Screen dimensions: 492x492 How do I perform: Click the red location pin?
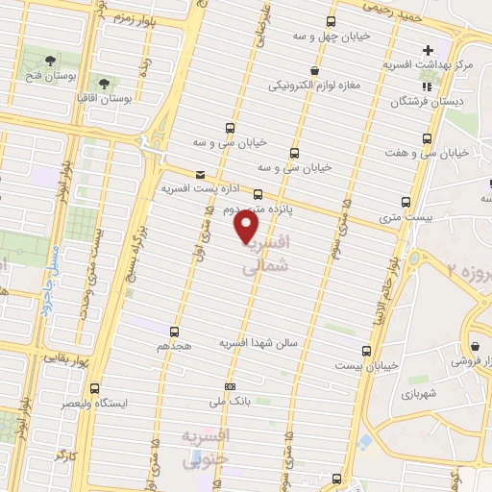click(x=247, y=227)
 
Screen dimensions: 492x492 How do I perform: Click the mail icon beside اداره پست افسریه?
click(x=200, y=174)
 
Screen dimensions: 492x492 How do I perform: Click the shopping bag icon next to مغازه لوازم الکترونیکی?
click(x=314, y=70)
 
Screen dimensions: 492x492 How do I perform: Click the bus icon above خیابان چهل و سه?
click(x=332, y=21)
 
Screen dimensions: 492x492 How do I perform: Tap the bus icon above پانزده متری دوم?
click(x=258, y=193)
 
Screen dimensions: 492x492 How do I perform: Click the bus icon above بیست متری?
click(x=405, y=202)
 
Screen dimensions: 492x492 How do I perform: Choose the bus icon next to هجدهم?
click(x=176, y=329)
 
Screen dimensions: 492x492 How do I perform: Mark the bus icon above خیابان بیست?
click(x=365, y=351)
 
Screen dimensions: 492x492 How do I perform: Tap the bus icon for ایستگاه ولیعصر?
click(x=93, y=389)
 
